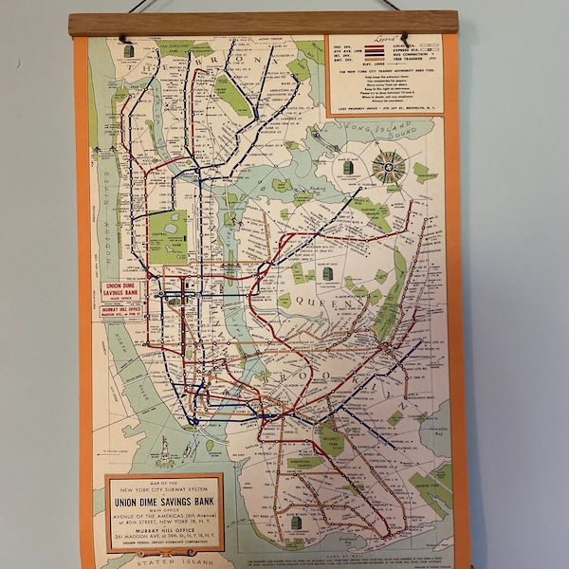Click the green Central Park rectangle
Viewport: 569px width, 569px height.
pos(168,236)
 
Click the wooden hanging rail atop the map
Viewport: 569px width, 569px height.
pos(260,24)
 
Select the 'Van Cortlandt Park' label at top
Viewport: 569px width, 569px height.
pos(176,46)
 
